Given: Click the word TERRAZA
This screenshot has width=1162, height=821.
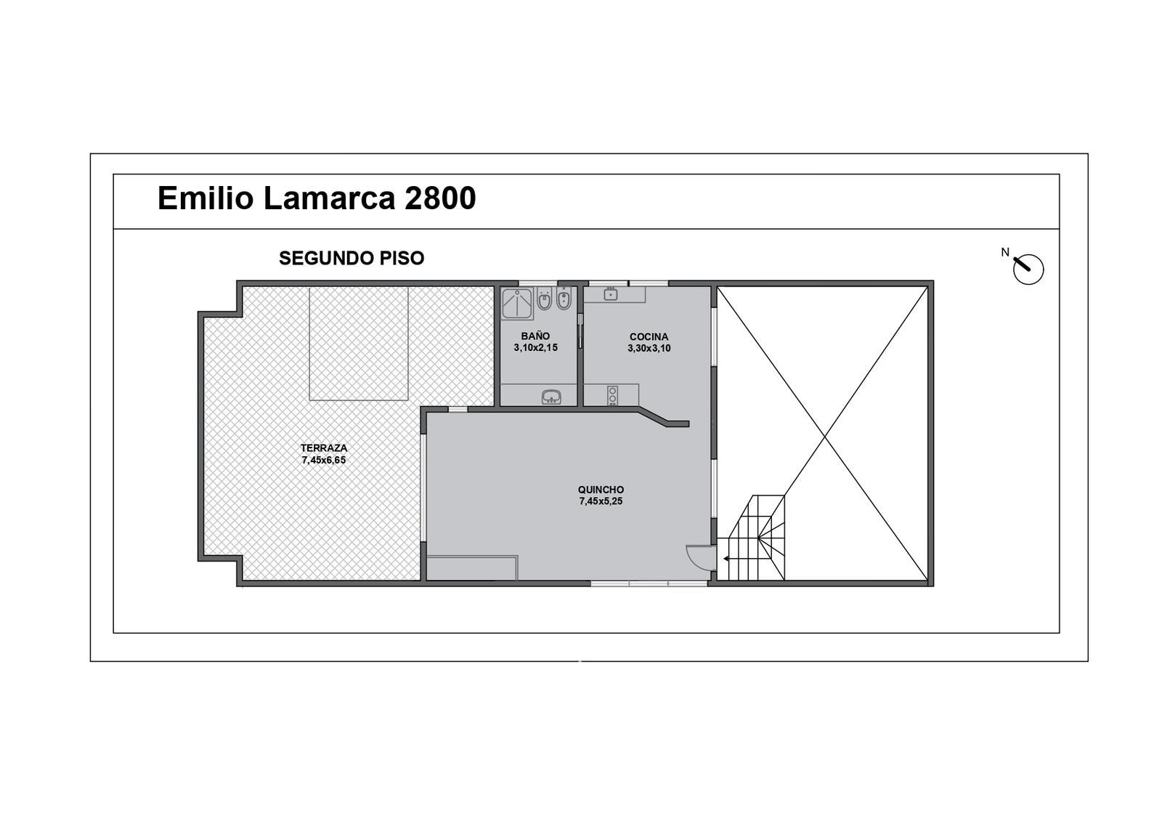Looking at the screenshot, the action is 324,448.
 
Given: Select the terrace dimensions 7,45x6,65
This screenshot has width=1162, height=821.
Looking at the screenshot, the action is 324,460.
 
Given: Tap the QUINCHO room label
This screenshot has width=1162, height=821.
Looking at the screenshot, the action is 601,490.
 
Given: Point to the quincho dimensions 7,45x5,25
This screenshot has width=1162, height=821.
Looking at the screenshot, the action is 601,501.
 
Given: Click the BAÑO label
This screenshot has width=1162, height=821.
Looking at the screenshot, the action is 536,336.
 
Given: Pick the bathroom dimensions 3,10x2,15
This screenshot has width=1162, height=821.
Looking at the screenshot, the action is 536,348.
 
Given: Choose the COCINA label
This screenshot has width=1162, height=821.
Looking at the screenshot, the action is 649,337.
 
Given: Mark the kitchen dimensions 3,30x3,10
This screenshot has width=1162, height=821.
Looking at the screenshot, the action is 649,348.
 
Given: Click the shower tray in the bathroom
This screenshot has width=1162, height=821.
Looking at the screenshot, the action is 517,303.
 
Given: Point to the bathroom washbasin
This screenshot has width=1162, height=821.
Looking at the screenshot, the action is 551,397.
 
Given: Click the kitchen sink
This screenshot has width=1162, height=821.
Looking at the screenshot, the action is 611,294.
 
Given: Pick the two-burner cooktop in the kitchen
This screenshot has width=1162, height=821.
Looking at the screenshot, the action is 613,395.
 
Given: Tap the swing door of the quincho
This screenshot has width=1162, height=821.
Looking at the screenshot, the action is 701,557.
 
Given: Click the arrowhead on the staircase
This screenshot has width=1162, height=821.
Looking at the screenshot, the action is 726,559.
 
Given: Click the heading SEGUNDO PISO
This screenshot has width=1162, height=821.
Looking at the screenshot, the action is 352,258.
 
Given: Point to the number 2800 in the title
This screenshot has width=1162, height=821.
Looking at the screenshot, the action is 440,198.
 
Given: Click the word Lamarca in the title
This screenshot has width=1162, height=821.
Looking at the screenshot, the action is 329,198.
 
